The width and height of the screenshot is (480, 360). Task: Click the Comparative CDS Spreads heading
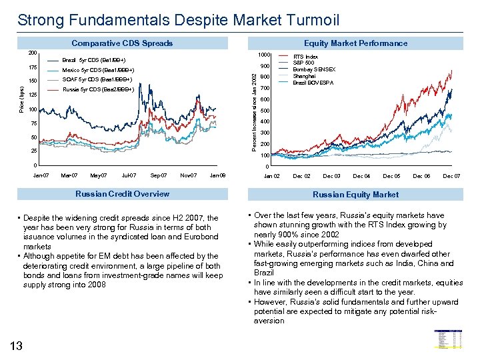[x=122, y=43]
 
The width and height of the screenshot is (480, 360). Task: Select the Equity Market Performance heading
[x=355, y=43]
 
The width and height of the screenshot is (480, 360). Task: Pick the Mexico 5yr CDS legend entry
[x=98, y=70]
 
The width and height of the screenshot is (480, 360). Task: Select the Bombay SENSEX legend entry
[x=315, y=69]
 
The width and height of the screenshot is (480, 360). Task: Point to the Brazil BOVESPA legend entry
[x=314, y=83]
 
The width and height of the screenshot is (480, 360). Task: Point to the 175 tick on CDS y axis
[x=32, y=67]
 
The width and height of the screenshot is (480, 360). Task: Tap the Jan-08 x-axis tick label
[x=217, y=175]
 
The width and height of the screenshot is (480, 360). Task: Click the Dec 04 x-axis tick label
[x=361, y=176]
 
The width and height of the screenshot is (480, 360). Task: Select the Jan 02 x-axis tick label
[x=272, y=176]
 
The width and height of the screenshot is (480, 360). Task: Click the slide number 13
[x=17, y=345]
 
